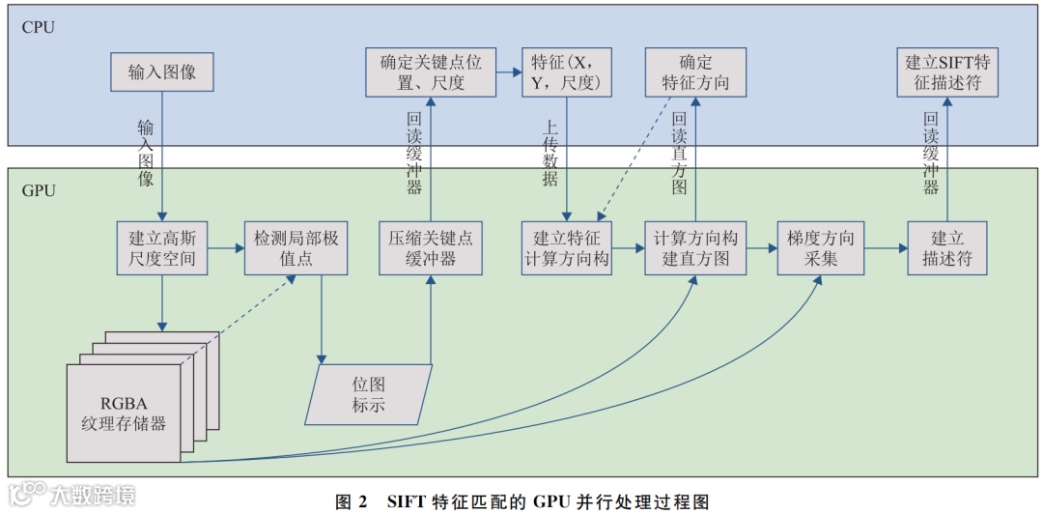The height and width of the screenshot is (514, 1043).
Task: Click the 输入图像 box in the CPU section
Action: [161, 72]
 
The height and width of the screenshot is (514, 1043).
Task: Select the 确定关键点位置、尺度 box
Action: [430, 72]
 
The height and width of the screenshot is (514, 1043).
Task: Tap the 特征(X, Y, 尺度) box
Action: [567, 72]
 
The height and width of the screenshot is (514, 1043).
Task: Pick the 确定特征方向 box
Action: [695, 72]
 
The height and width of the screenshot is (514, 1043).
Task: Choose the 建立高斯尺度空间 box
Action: [161, 248]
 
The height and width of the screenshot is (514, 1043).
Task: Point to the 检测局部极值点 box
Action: [296, 248]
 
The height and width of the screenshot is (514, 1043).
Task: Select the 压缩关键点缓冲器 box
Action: [430, 248]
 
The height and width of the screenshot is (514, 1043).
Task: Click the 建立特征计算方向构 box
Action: [567, 248]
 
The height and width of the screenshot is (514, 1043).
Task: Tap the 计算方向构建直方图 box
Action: [695, 248]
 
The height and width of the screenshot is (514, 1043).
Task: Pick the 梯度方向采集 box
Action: [820, 248]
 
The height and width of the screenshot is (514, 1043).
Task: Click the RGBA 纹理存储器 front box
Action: [124, 413]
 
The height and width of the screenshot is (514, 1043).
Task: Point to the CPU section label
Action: [39, 27]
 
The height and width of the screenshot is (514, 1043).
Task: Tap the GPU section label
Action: [39, 190]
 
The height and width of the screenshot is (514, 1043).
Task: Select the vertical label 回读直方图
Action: [679, 154]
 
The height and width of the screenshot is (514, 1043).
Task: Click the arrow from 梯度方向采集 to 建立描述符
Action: [883, 248]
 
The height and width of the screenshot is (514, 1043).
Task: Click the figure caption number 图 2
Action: [351, 501]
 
